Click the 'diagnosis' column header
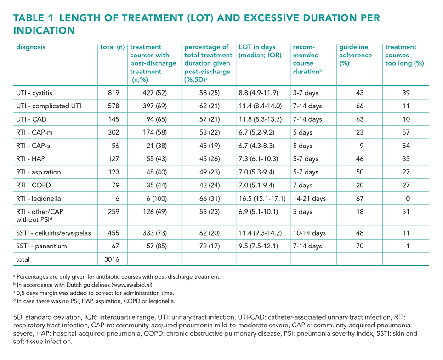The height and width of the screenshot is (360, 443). click(x=30, y=47)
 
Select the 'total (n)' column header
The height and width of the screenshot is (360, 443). click(x=112, y=47)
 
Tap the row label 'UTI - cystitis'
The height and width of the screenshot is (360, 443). click(x=34, y=93)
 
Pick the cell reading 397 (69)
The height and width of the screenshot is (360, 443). click(x=154, y=106)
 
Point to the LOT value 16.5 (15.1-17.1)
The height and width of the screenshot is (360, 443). click(x=262, y=198)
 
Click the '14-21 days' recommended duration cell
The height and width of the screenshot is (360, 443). click(x=309, y=198)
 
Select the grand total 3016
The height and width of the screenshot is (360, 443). click(x=112, y=259)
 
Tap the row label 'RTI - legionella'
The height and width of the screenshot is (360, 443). click(x=39, y=198)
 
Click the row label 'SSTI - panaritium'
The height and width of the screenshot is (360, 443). click(x=41, y=246)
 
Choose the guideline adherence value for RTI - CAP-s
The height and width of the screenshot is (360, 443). click(x=362, y=146)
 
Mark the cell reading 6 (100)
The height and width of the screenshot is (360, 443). click(x=157, y=198)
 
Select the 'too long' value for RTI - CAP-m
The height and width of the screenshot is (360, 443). click(x=406, y=132)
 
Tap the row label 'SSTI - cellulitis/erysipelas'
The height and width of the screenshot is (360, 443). click(x=53, y=233)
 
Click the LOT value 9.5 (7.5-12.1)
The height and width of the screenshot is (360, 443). click(x=258, y=246)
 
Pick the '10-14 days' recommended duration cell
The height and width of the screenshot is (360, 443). click(x=309, y=233)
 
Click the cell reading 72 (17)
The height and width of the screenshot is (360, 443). click(x=210, y=246)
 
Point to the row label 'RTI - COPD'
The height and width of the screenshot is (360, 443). click(x=34, y=185)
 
